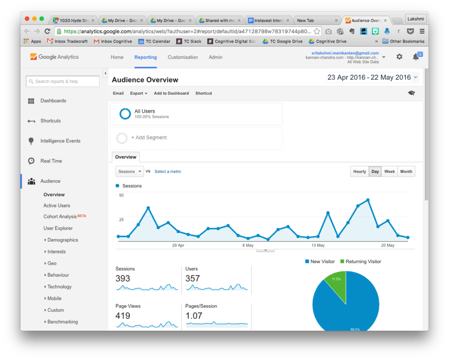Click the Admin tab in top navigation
[x=215, y=57]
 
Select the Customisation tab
[x=182, y=57]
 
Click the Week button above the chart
[x=389, y=171]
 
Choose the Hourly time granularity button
[x=360, y=171]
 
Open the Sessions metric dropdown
[x=129, y=171]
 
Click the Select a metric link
[x=168, y=171]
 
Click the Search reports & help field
[x=63, y=81]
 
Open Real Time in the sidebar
[x=51, y=161]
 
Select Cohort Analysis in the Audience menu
[x=60, y=217]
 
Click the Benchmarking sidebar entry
[x=63, y=322]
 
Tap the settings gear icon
[x=399, y=57]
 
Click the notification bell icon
[x=416, y=57]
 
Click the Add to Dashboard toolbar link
[x=171, y=93]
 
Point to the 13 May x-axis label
[x=318, y=246]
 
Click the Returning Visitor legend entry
[x=363, y=261]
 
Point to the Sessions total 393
[x=123, y=278]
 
